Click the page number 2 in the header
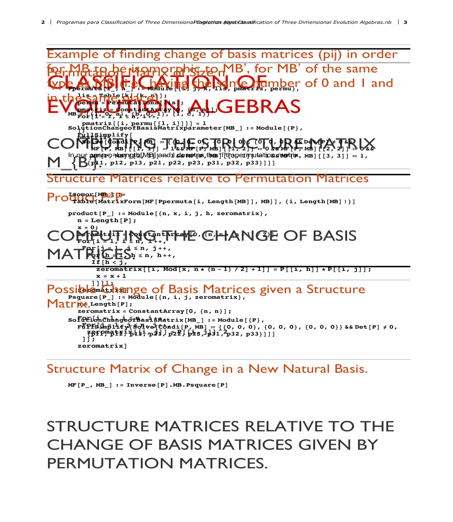[x=43, y=22]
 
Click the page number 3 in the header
[x=405, y=22]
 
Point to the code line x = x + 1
[x=111, y=276]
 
